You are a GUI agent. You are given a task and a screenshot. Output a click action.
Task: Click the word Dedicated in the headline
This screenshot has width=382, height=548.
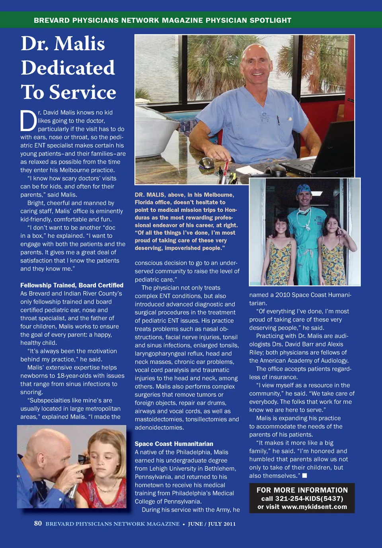68,68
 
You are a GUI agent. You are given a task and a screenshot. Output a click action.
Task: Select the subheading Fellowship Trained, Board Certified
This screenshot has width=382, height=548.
72,285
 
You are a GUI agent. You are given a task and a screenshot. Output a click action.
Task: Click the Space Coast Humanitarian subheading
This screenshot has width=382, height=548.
174,444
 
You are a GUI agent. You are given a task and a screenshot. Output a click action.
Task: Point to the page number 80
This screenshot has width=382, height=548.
38,523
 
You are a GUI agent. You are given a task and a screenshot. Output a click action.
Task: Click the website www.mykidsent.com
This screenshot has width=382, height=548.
314,507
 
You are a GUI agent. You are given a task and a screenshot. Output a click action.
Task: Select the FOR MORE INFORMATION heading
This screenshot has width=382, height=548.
302,490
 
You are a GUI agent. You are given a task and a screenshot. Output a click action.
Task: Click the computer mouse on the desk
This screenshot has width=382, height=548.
206,162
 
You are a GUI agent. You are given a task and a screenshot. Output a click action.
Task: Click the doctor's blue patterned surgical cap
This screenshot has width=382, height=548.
303,188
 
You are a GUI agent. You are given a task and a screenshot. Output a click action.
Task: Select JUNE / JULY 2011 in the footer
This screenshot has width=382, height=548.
212,524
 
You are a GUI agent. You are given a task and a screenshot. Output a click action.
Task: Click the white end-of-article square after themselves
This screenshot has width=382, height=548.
304,476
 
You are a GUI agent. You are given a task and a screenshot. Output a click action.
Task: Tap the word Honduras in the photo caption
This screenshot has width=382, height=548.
231,210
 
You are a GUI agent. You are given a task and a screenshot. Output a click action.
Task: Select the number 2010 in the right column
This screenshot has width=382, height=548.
283,295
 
